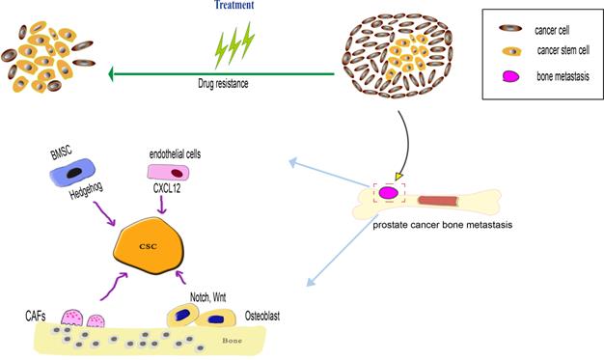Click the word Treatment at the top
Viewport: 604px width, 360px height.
click(234, 6)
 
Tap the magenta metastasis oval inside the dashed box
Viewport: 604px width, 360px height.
click(390, 194)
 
